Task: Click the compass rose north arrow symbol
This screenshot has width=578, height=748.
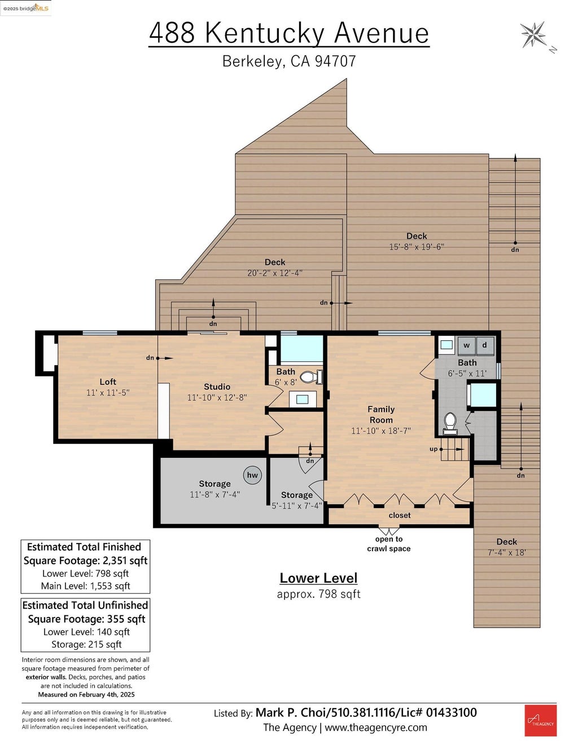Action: click(533, 34)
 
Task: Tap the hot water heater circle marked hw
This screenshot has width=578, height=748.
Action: click(252, 475)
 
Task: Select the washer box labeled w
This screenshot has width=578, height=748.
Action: click(467, 345)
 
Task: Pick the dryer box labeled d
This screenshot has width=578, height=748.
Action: click(485, 345)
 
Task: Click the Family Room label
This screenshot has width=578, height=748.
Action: click(381, 414)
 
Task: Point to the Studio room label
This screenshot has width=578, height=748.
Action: click(217, 387)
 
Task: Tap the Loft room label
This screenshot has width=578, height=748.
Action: click(108, 382)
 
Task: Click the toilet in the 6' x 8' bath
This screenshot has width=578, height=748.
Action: click(312, 377)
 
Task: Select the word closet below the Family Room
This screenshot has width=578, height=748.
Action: click(400, 515)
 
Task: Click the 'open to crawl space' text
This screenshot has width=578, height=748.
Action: click(389, 544)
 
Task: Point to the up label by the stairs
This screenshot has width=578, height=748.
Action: click(433, 449)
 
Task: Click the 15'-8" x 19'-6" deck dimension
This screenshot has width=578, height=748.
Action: click(417, 247)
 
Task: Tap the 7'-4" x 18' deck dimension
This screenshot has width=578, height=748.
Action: click(506, 553)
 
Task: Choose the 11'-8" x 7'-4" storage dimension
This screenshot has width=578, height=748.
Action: click(214, 495)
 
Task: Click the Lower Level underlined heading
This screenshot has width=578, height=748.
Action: click(318, 578)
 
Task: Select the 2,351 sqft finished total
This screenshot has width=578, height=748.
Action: click(125, 561)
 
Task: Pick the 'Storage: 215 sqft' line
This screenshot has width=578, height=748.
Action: click(86, 644)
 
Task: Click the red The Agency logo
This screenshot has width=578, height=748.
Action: click(540, 720)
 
